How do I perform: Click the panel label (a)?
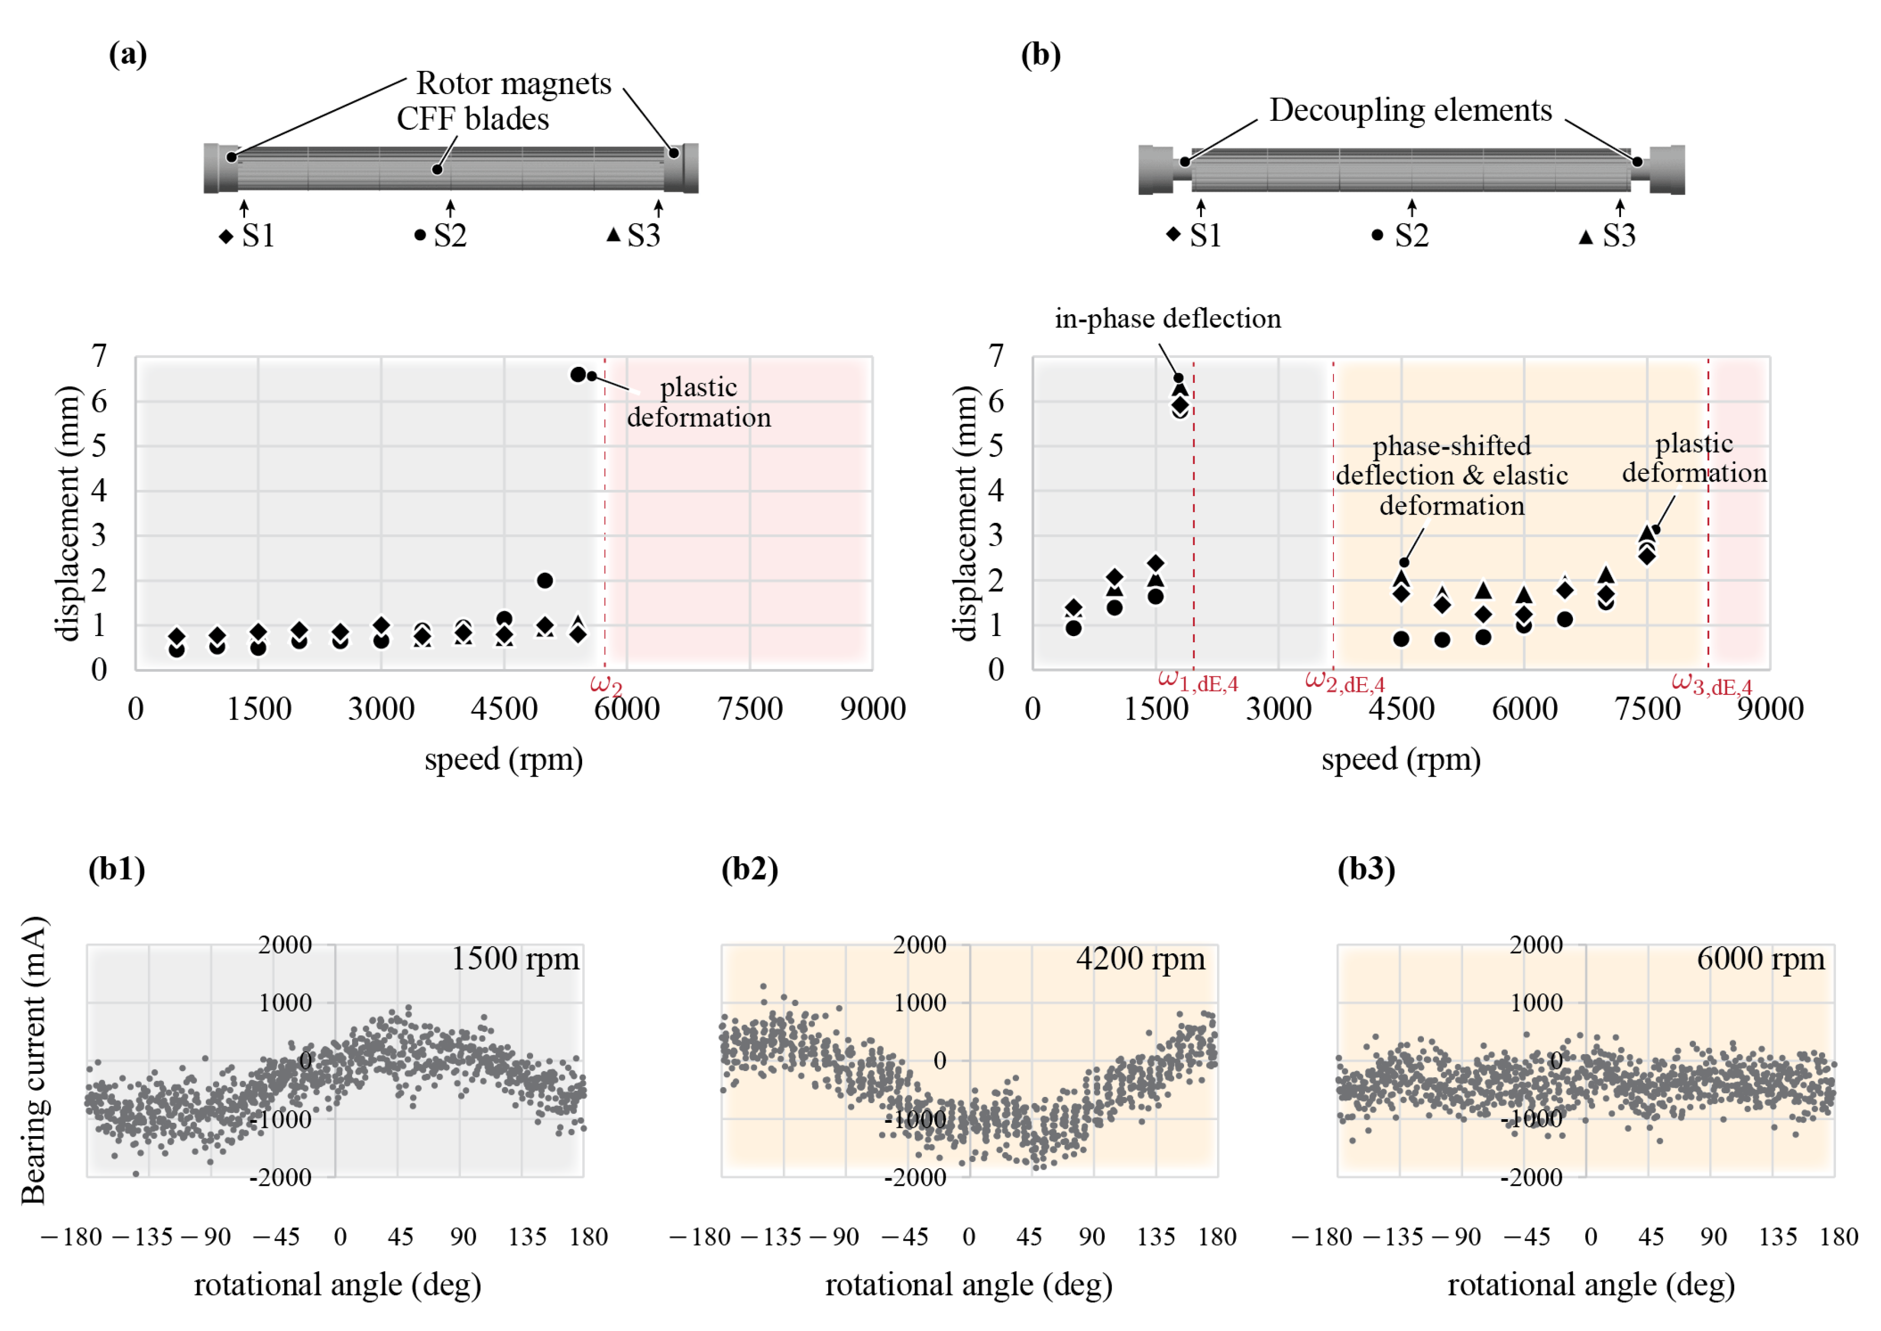point(128,55)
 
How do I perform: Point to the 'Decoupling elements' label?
point(1410,110)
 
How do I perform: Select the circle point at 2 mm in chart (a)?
point(544,580)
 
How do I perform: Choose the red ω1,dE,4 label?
point(1197,681)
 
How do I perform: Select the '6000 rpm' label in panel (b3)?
point(1761,959)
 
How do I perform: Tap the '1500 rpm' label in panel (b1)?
point(515,959)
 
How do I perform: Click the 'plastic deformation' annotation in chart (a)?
point(699,403)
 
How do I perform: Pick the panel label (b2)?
point(749,869)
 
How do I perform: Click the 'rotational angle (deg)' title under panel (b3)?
point(1591,1285)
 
